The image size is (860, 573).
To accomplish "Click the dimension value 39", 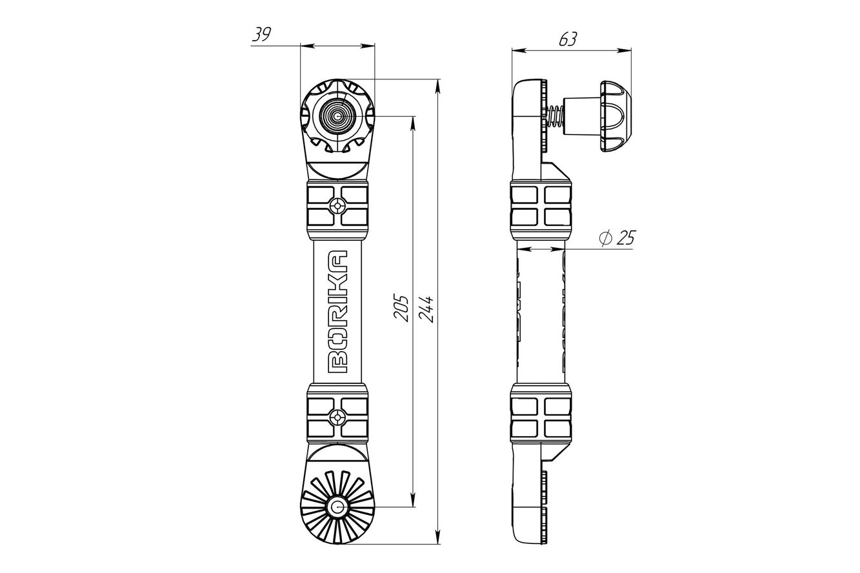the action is pos(261,34).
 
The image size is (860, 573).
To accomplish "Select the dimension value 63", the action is pos(568,39).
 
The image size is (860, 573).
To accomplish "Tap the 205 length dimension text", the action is pos(401,308).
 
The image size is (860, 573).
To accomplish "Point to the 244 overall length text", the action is pos(426,309).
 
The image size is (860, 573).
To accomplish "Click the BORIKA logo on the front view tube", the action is pos(338,312).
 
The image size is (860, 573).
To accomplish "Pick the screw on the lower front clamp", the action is pos(337,417).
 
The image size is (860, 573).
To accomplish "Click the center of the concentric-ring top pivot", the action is pos(337,116).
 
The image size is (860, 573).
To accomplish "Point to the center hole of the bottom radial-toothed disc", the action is pos(337,507).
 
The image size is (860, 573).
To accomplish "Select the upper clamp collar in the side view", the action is pos(541,206).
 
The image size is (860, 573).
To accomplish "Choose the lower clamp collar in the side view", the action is pos(541,417).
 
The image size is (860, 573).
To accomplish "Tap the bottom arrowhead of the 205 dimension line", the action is pos(413,500).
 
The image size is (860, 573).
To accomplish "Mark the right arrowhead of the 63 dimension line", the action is pos(624,50).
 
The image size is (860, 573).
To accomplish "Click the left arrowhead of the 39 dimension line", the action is pos(308,46).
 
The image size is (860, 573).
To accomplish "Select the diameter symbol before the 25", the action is pos(605,239).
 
